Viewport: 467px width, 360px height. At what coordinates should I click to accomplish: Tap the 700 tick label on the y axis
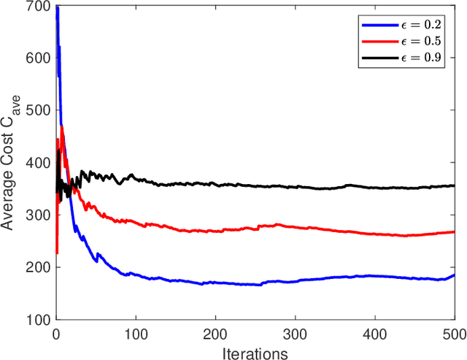(x=41, y=7)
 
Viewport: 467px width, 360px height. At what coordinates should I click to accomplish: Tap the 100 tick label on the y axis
(x=41, y=320)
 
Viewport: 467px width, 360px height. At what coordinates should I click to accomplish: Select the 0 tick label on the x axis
(x=56, y=332)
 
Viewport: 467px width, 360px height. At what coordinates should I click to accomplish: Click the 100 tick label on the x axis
(x=136, y=332)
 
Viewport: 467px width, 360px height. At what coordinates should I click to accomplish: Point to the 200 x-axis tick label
(x=215, y=332)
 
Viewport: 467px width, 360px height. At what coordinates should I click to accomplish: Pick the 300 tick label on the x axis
(x=295, y=332)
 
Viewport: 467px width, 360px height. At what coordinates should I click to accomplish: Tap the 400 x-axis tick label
(x=374, y=332)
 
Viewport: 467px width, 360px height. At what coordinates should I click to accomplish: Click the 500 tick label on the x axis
(x=452, y=332)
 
